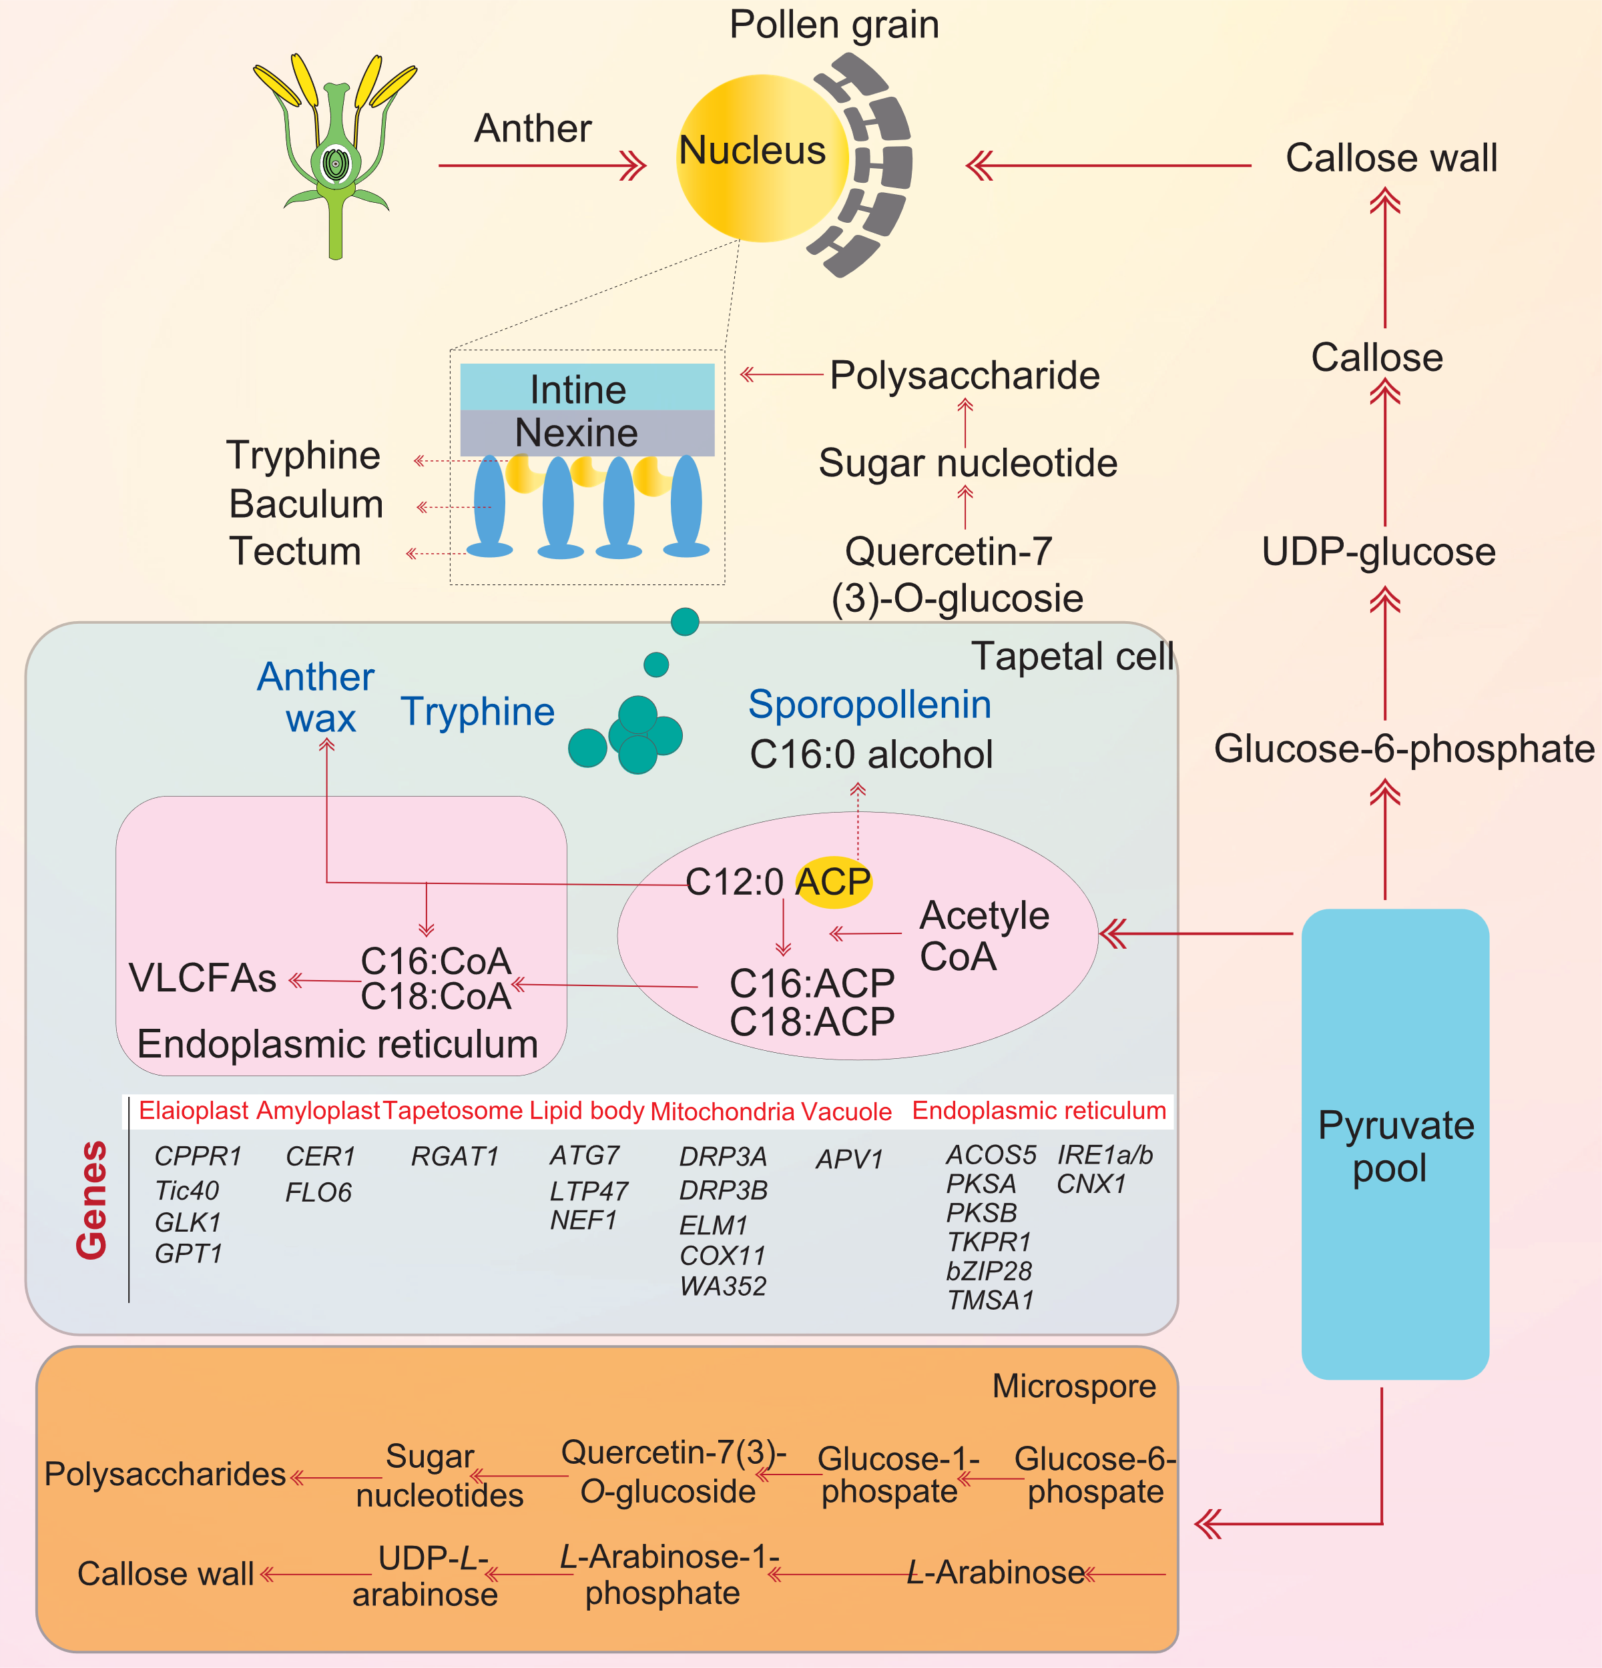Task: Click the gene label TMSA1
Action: point(990,1300)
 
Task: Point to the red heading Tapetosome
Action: point(452,1111)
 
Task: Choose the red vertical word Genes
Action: point(91,1200)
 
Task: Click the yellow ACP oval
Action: point(833,881)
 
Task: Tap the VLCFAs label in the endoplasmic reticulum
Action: point(203,978)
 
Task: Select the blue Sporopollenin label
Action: point(869,705)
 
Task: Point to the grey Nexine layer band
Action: point(587,433)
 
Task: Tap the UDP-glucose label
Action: point(1378,552)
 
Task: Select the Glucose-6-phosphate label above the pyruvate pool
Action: point(1404,749)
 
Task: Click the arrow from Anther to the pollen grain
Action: point(541,166)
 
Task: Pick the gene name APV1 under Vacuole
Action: point(848,1159)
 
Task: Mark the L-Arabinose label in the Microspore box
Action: point(995,1573)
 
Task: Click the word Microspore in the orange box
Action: point(1073,1386)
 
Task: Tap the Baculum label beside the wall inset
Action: point(306,504)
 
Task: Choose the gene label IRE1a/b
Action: point(1104,1155)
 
